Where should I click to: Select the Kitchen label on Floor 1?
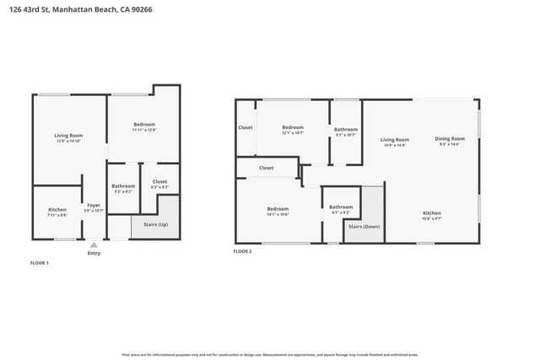57,209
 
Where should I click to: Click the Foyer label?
94,205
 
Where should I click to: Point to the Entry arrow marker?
94,243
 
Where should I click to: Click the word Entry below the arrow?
94,252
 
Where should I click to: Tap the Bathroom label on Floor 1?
123,185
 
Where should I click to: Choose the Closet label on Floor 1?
159,181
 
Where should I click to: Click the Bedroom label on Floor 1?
144,126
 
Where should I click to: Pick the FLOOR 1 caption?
40,264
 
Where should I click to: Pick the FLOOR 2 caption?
242,250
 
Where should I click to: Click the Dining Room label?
450,138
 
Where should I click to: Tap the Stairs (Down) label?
364,227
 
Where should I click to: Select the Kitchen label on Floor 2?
431,213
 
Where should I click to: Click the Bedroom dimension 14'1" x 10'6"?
278,214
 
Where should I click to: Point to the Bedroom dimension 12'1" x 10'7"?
292,132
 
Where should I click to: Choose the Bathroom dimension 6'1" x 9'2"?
341,212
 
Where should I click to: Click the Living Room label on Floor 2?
394,139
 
